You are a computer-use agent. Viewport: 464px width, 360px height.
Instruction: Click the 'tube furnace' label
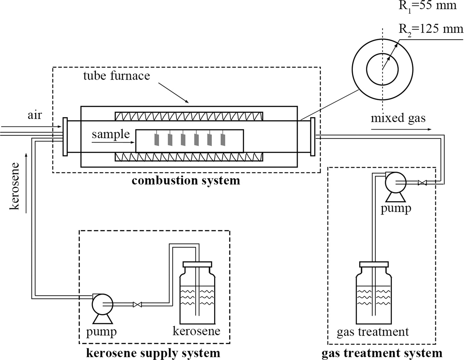(117, 76)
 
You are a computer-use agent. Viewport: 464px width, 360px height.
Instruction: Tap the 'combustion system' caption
(186, 180)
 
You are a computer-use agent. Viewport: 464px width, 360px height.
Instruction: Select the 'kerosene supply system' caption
(153, 353)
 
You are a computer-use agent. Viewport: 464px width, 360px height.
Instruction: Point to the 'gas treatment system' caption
(382, 353)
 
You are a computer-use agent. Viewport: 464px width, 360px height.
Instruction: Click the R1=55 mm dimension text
(427, 5)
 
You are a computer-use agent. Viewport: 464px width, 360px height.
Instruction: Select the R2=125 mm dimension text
(431, 29)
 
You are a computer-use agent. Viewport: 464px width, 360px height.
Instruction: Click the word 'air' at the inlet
(34, 115)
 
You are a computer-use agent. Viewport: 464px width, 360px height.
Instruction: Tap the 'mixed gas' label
(398, 118)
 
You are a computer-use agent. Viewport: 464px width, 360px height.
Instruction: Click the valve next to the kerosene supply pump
(138, 304)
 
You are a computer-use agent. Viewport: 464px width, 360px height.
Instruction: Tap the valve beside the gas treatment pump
(422, 183)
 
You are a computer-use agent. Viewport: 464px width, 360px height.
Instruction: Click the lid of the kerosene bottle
(197, 264)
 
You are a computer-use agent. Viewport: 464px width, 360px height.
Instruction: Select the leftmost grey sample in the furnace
(157, 140)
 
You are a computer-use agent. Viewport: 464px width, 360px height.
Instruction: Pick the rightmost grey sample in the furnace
(223, 140)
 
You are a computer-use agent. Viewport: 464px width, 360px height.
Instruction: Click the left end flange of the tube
(65, 137)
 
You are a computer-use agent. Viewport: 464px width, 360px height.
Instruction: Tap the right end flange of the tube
(313, 137)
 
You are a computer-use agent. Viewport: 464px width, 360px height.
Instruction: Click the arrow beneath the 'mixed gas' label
(401, 129)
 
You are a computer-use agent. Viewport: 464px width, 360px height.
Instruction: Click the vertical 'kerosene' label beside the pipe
(14, 186)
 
